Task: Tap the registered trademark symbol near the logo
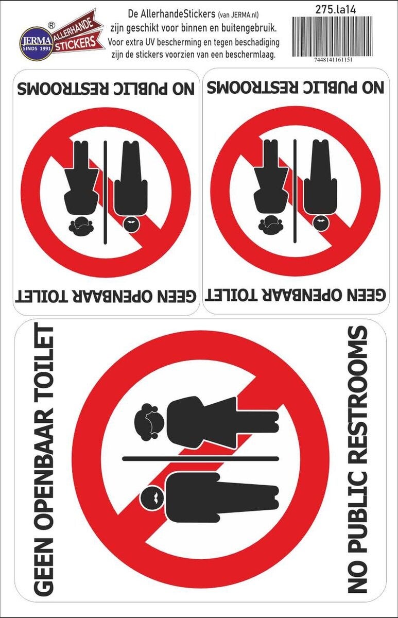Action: pyautogui.click(x=51, y=25)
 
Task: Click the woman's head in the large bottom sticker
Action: pyautogui.click(x=149, y=421)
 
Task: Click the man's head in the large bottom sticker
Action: pyautogui.click(x=152, y=497)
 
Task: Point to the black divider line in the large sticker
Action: pyautogui.click(x=200, y=459)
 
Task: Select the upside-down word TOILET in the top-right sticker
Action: pyautogui.click(x=235, y=295)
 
